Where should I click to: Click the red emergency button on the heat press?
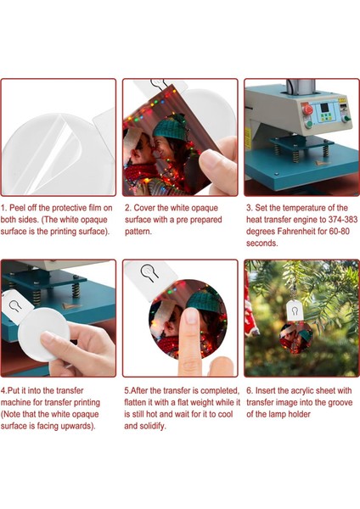[307, 109]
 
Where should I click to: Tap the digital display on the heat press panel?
[324, 108]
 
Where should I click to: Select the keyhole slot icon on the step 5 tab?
[149, 272]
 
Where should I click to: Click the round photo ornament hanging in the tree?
[295, 338]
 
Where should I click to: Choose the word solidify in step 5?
[152, 426]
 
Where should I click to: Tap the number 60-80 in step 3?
[339, 232]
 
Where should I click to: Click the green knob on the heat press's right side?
[347, 119]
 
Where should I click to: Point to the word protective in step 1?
[70, 208]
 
